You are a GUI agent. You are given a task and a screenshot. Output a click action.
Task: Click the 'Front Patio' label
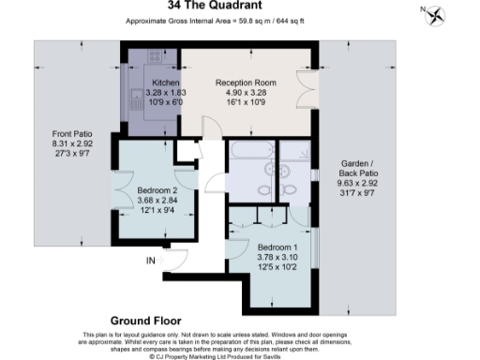(x=70, y=134)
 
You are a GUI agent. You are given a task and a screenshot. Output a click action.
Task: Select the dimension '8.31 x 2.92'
(x=70, y=144)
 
